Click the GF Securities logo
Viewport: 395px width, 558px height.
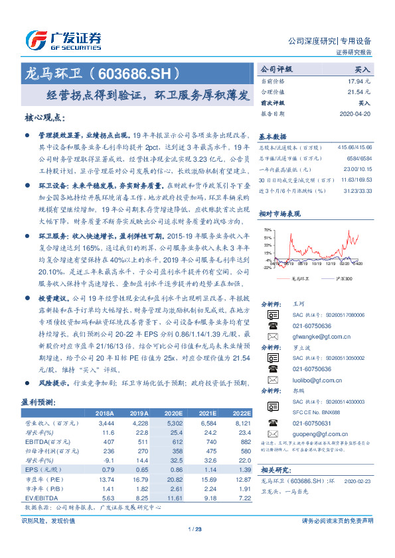62,40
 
